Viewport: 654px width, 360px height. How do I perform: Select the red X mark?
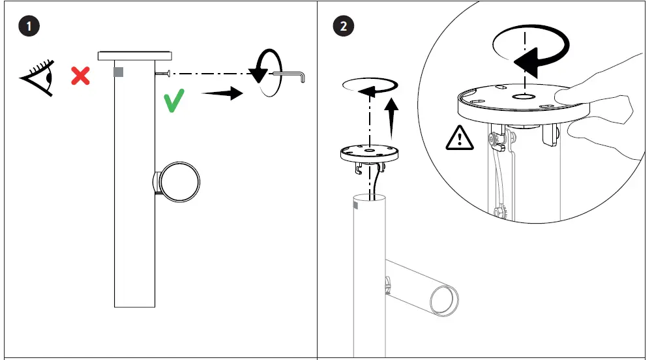point(80,76)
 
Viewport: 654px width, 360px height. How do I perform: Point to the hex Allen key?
point(293,76)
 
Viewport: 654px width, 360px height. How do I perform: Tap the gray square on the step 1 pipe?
point(118,72)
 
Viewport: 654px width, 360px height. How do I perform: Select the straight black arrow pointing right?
point(222,94)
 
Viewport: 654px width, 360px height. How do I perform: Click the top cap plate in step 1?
point(135,56)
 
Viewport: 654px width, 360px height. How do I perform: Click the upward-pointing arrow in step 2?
point(393,113)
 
